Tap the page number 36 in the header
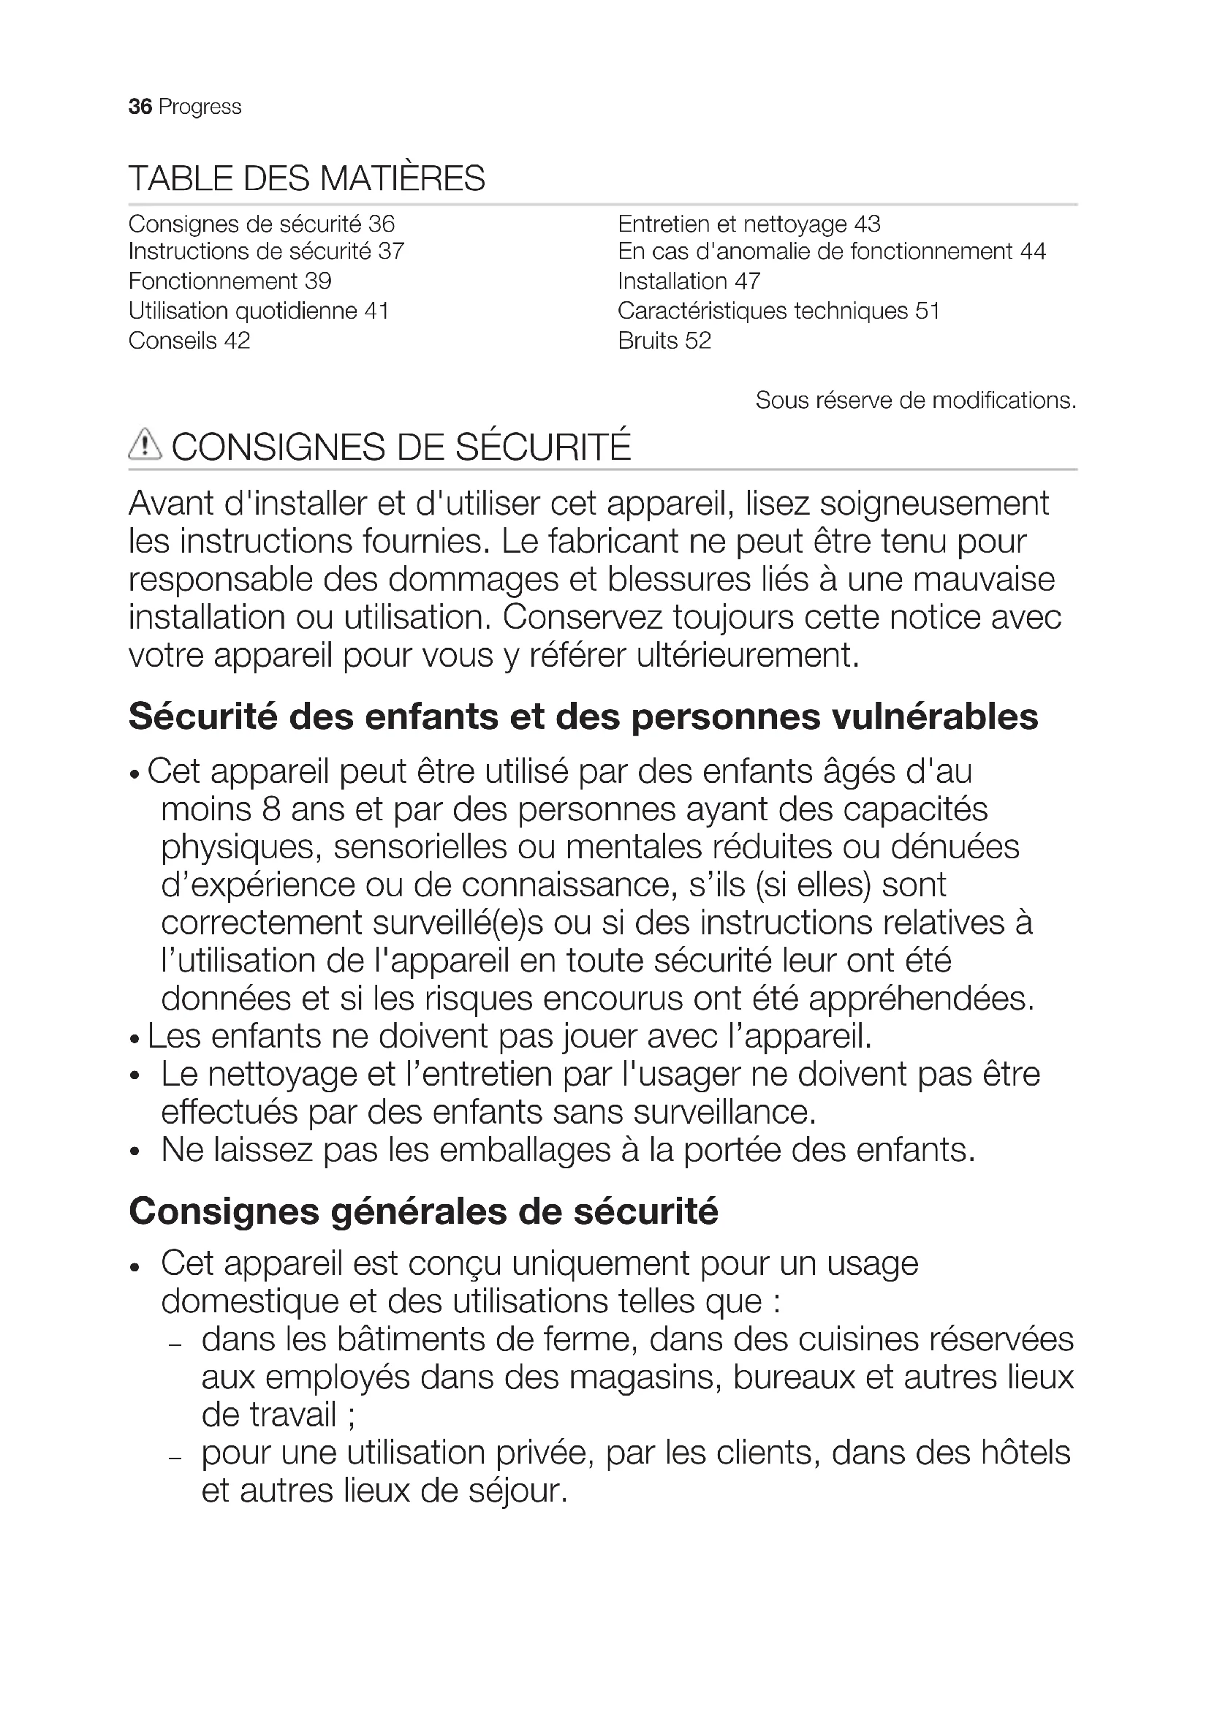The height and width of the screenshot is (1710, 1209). click(x=140, y=107)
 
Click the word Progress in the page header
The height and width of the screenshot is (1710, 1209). click(x=200, y=107)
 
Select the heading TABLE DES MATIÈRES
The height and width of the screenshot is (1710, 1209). click(x=307, y=178)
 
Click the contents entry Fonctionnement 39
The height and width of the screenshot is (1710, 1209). click(x=230, y=281)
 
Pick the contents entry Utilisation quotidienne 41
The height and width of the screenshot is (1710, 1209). click(x=258, y=311)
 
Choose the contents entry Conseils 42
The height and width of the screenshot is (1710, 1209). click(x=189, y=341)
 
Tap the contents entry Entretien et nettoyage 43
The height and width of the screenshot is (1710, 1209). click(x=749, y=224)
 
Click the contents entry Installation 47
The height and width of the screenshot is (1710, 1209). click(x=689, y=281)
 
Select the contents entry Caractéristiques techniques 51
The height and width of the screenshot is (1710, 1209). click(x=778, y=311)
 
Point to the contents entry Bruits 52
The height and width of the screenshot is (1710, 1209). click(x=664, y=341)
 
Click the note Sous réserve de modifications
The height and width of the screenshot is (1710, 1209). click(x=916, y=401)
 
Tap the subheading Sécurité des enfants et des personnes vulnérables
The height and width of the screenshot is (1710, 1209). click(x=583, y=716)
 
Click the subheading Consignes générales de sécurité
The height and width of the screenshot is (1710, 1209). click(x=422, y=1211)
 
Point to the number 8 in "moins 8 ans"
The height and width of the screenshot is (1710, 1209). click(x=270, y=809)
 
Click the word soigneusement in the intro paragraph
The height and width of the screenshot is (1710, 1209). click(x=934, y=504)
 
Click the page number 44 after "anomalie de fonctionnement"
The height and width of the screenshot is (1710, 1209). click(x=1033, y=251)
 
